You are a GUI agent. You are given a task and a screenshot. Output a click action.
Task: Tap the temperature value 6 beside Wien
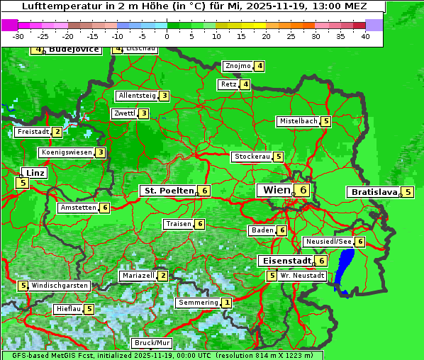coord(303,190)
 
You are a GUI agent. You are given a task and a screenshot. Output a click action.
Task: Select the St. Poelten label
coord(168,191)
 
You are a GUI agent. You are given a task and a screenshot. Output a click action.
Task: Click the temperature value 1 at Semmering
coord(227,303)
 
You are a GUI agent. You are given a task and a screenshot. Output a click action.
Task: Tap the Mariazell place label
coord(138,276)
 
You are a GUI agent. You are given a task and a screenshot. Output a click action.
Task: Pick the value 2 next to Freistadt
coord(57,131)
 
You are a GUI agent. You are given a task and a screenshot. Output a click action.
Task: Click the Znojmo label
coord(238,66)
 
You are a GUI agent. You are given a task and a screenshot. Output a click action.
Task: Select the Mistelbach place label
coord(299,121)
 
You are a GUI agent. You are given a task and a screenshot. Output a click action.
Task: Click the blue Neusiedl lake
coord(345,269)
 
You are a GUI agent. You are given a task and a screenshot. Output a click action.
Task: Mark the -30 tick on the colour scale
coord(19,35)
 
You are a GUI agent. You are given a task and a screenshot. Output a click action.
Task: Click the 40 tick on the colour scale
coord(365,35)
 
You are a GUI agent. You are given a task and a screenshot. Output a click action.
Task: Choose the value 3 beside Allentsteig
coord(164,96)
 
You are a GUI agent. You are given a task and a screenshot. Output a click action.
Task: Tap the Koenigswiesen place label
coord(67,152)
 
